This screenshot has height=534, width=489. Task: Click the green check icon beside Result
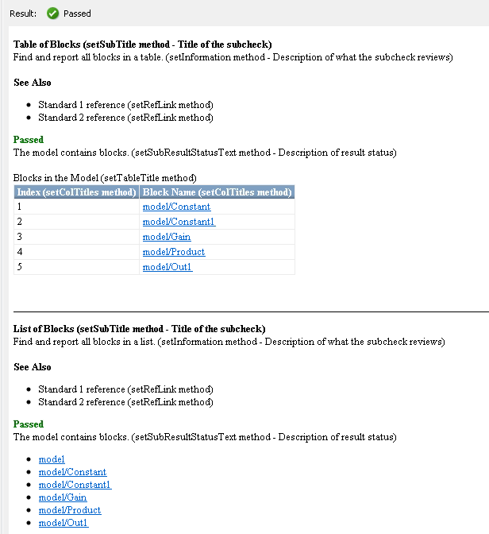pyautogui.click(x=53, y=13)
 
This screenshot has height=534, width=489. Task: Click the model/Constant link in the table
pyautogui.click(x=176, y=207)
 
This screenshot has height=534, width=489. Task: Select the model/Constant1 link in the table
pyautogui.click(x=179, y=222)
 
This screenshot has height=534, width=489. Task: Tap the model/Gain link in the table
pyautogui.click(x=167, y=237)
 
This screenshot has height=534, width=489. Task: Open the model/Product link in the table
pyautogui.click(x=174, y=252)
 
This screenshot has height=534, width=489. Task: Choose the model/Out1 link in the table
pyautogui.click(x=167, y=267)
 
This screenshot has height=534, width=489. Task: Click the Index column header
pyautogui.click(x=76, y=192)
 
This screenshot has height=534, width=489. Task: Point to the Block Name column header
pyautogui.click(x=217, y=192)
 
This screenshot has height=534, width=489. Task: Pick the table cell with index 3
pyautogui.click(x=76, y=237)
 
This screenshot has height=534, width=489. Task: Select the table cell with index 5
pyautogui.click(x=76, y=267)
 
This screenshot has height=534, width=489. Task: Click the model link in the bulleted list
pyautogui.click(x=52, y=459)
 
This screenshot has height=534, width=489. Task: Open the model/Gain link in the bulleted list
pyautogui.click(x=63, y=497)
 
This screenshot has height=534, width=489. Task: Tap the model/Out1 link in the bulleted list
pyautogui.click(x=64, y=523)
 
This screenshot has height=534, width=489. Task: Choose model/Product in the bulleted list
pyautogui.click(x=70, y=510)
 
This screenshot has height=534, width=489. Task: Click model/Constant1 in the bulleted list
pyautogui.click(x=75, y=485)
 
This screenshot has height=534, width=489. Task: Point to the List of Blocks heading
pyautogui.click(x=139, y=328)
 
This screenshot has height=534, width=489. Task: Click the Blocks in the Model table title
pyautogui.click(x=105, y=178)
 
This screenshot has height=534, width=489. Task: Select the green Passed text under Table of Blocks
pyautogui.click(x=29, y=140)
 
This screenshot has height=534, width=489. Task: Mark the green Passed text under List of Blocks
pyautogui.click(x=29, y=424)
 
